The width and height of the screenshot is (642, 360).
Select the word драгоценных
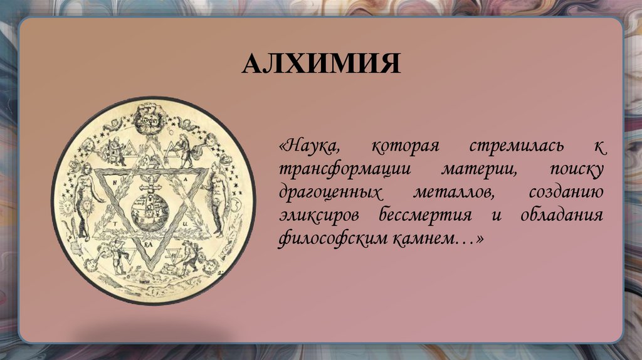click(x=330, y=193)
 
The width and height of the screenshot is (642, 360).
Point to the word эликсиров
click(x=319, y=216)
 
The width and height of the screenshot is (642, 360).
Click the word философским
click(x=332, y=239)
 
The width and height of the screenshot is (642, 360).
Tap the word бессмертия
click(x=424, y=216)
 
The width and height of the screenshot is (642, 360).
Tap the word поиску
click(x=577, y=170)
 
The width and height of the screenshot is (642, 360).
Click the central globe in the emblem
click(x=153, y=210)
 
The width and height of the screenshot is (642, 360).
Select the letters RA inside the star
click(x=150, y=238)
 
